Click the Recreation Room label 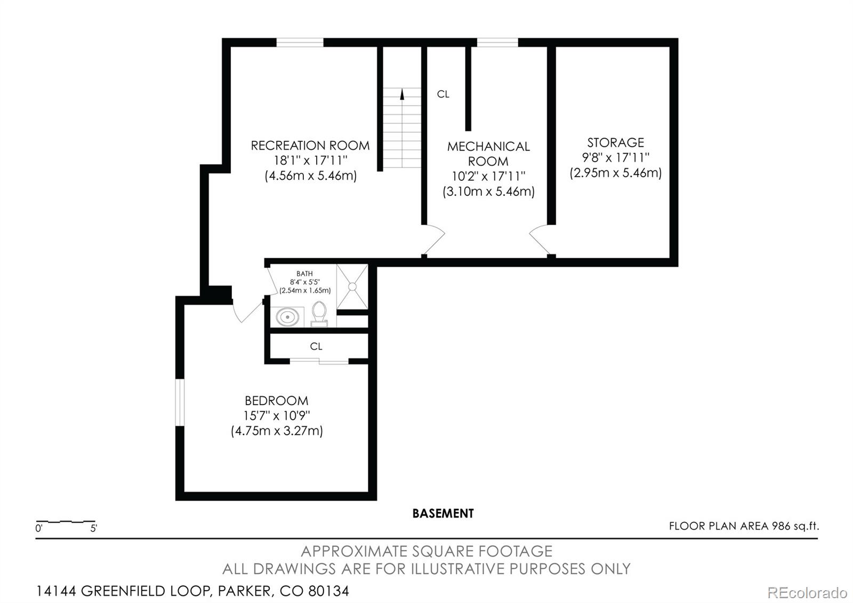point(310,146)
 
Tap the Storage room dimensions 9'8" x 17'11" point(615,158)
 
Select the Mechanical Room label point(488,154)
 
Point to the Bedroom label point(276,401)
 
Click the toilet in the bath point(319,313)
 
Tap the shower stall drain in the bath point(352,287)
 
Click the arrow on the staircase point(402,94)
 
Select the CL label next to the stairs point(443,94)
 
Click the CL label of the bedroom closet point(316,346)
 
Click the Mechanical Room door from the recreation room point(434,239)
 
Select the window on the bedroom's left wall point(180,402)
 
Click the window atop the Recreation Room point(300,43)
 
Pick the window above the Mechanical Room point(497,43)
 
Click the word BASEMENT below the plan point(442,513)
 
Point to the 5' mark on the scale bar point(93,529)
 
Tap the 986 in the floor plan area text point(780,526)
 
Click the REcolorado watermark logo point(807,592)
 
